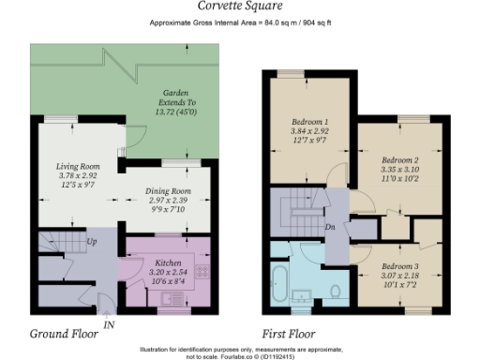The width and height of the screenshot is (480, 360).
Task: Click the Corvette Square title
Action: coord(239,6)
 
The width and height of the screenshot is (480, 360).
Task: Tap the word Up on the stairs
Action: coord(93,242)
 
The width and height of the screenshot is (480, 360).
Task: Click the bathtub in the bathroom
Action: coord(279,282)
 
